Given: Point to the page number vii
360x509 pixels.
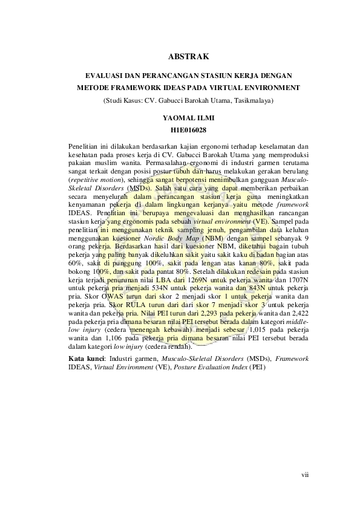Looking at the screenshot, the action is click(305, 475).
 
